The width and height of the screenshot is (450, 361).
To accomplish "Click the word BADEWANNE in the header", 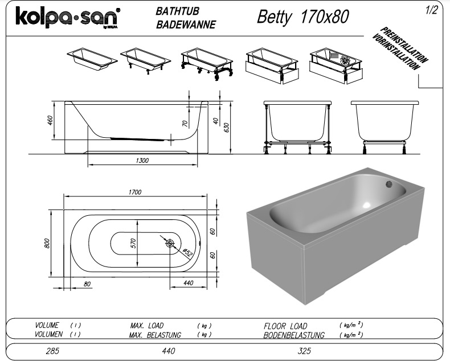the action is [186, 24].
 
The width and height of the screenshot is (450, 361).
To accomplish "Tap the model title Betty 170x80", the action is [303, 17].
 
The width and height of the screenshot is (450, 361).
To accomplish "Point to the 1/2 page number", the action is [431, 10].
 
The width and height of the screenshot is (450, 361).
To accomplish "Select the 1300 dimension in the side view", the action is [142, 161].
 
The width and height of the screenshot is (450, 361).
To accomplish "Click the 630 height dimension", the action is [227, 128].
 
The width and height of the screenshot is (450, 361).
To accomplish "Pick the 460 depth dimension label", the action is [50, 120].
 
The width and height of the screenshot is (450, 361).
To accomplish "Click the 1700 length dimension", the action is [135, 192].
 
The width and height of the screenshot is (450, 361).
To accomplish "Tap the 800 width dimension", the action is [47, 243].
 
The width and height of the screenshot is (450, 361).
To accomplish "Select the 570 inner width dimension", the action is [133, 243].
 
